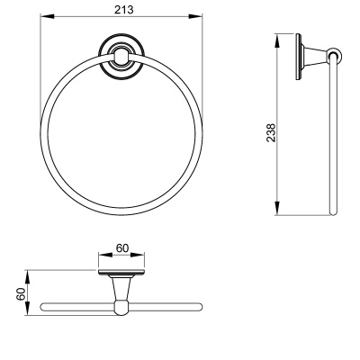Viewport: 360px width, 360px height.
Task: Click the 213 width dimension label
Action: point(123,10)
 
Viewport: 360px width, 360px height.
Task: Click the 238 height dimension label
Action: point(271,133)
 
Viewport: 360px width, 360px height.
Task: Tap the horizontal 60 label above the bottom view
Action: point(122,248)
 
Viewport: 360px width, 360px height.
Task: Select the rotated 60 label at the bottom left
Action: point(21,294)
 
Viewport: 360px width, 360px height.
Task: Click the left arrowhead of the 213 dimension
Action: point(47,16)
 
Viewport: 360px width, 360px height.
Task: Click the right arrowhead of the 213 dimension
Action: point(195,16)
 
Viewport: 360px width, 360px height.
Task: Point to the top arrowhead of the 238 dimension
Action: point(277,40)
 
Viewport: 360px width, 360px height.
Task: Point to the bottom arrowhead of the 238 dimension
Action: point(277,208)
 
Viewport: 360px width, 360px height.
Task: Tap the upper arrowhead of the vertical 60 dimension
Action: point(27,277)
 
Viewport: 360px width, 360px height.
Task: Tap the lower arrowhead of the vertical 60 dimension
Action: point(27,308)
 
